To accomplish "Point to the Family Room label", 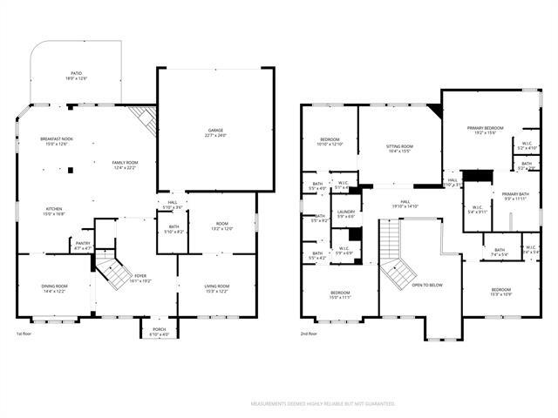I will tap(125, 165).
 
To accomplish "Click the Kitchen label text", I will tap(54, 210).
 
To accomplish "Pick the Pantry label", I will tap(83, 246).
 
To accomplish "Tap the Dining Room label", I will tap(54, 288).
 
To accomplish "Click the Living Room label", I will tap(217, 288).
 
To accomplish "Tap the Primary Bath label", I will tap(514, 197).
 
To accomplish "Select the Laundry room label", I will tap(346, 213).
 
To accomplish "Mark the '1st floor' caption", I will tap(26, 334).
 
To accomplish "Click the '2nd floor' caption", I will tap(309, 334).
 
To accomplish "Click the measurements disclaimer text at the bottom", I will tap(323, 404).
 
